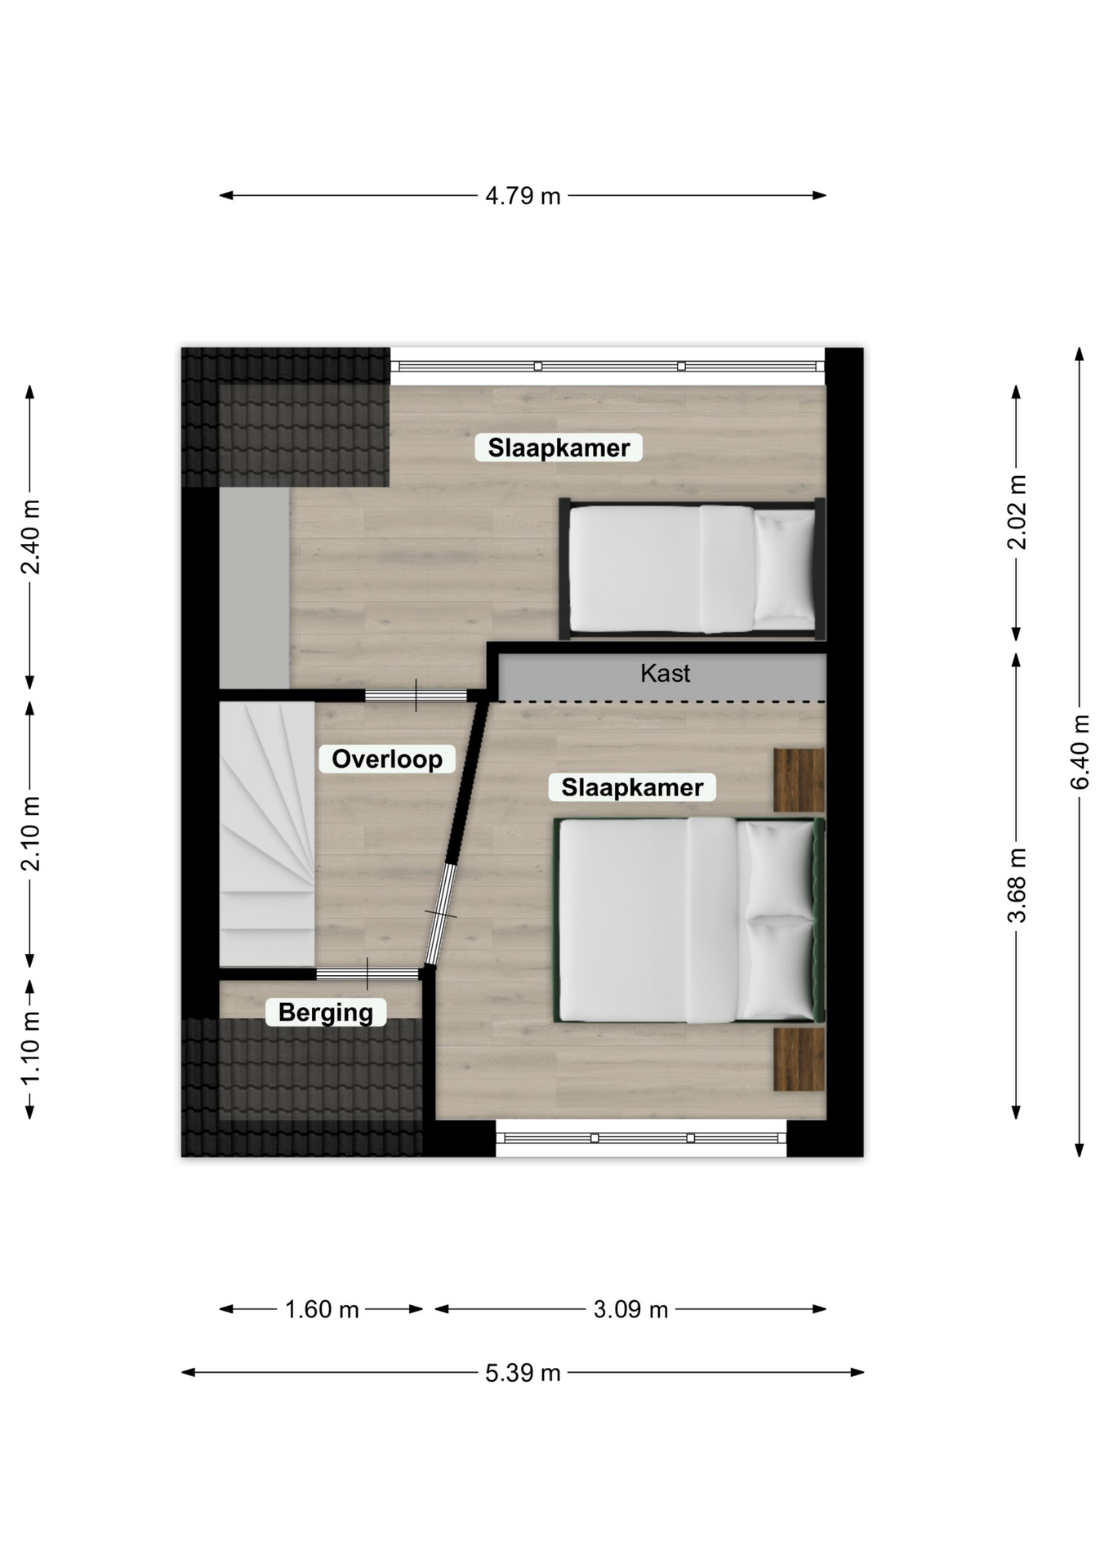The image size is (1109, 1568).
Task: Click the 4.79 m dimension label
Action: click(523, 196)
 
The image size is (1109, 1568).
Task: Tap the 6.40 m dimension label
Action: click(1080, 752)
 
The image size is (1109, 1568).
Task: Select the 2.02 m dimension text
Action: click(1017, 512)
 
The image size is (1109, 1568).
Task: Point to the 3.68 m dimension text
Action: click(1017, 885)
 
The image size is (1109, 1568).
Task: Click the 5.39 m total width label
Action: click(523, 1373)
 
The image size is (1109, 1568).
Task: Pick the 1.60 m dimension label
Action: click(322, 1310)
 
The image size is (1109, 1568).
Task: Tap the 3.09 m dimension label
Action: click(630, 1310)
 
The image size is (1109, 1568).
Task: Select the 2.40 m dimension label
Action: click(30, 537)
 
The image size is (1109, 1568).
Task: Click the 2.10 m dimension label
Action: click(30, 834)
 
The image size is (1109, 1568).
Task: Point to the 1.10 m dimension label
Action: click(30, 1049)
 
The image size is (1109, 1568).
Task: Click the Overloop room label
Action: click(387, 759)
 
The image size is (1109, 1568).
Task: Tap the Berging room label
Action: click(326, 1013)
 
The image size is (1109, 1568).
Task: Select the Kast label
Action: click(666, 673)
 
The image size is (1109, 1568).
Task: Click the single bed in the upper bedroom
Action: click(693, 568)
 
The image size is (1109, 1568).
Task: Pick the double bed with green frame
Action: click(689, 920)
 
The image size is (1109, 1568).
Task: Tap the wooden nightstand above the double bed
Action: click(799, 780)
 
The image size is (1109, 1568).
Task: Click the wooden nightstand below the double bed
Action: click(799, 1059)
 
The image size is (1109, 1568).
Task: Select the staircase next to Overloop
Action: click(267, 834)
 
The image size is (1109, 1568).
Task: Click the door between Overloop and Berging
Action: click(367, 973)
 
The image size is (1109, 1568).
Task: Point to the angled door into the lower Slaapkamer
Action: click(441, 914)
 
